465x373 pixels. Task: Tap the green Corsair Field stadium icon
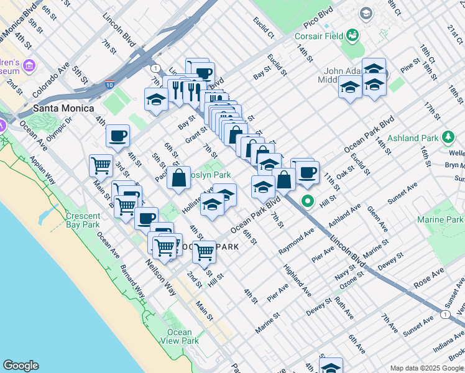pyautogui.click(x=353, y=35)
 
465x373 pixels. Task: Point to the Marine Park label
pyautogui.click(x=440, y=219)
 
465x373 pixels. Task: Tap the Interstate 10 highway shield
pyautogui.click(x=110, y=85)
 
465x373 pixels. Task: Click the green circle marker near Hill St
pyautogui.click(x=307, y=201)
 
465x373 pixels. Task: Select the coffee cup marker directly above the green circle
pyautogui.click(x=307, y=172)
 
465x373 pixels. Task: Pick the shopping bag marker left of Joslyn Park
pyautogui.click(x=178, y=177)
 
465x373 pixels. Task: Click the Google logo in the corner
pyautogui.click(x=21, y=366)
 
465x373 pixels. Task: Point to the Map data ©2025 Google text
pyautogui.click(x=426, y=368)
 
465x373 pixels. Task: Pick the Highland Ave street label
pyautogui.click(x=298, y=279)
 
